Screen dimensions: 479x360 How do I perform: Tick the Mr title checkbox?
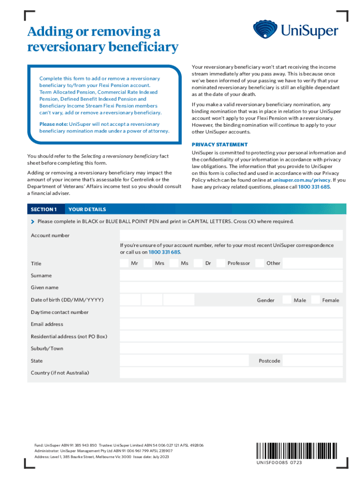(x=124, y=263)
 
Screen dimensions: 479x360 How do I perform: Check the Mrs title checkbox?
(x=148, y=263)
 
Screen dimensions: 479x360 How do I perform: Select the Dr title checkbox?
(x=198, y=263)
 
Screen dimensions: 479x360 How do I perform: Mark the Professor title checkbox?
(x=221, y=263)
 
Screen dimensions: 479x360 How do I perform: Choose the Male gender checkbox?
(x=286, y=300)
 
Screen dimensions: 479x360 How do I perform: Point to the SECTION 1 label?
(x=44, y=209)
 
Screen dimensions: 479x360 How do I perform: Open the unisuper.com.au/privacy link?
(x=302, y=180)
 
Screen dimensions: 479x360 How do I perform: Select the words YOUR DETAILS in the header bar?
(x=87, y=209)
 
